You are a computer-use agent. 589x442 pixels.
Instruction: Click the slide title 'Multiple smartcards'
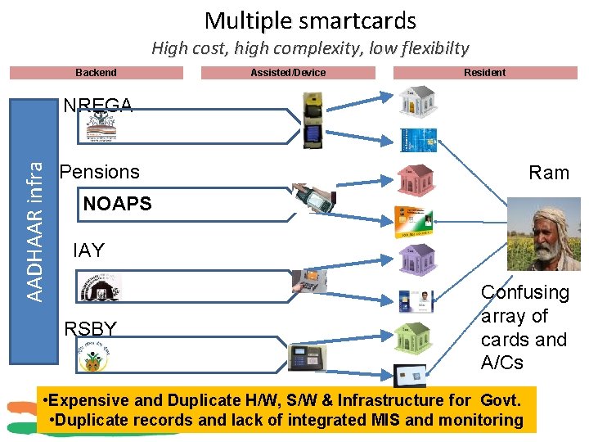pos(310,20)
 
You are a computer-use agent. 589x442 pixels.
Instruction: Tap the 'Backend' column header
pos(96,73)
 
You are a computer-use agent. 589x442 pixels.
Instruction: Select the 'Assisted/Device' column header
pos(288,73)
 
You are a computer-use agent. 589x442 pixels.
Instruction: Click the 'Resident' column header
pos(484,73)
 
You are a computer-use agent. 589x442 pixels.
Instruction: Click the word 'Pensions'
pos(100,172)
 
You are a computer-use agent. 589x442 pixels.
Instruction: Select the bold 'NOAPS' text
pos(118,204)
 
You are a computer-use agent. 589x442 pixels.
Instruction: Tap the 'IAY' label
pos(88,250)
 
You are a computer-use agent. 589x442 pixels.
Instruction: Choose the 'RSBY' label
pos(90,328)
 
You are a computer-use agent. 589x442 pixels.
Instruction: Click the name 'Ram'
pos(549,173)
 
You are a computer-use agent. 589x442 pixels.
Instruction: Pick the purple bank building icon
pos(418,259)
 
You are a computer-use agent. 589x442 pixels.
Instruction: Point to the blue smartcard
pos(418,140)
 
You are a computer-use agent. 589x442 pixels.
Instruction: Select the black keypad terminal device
pos(307,358)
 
